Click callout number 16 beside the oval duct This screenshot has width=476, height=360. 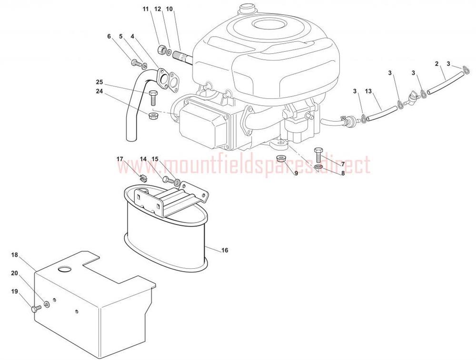(225, 250)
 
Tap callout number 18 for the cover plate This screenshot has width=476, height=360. (15, 255)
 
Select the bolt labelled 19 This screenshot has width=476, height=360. (35, 309)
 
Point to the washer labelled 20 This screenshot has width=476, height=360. (47, 304)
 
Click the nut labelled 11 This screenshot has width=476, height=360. (162, 49)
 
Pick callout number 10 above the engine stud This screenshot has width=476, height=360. (169, 9)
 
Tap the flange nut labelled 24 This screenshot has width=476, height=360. (153, 116)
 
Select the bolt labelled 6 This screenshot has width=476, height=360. (135, 64)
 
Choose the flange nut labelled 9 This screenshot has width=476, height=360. (280, 159)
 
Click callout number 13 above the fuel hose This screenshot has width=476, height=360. (368, 91)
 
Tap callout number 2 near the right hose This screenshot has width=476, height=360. (437, 64)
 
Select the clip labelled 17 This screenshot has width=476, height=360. (143, 178)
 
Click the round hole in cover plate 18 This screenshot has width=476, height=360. (64, 269)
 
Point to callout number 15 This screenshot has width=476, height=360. (155, 159)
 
